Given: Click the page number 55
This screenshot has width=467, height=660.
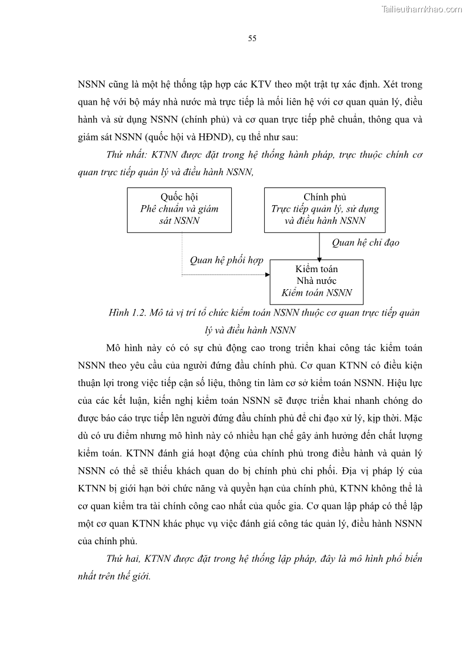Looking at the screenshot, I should click(252, 39).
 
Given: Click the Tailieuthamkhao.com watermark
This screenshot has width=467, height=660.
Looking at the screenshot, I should click(422, 9).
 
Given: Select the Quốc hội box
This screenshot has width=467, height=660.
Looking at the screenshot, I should click(179, 209).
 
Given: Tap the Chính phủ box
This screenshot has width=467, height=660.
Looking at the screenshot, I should click(325, 209).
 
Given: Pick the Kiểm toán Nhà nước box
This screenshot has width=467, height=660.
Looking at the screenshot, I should click(316, 281).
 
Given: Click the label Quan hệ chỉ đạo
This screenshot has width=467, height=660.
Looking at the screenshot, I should click(365, 242).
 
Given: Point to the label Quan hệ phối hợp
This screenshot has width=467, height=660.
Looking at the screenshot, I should click(226, 260).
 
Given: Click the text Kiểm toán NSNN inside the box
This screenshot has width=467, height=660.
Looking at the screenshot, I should click(316, 293).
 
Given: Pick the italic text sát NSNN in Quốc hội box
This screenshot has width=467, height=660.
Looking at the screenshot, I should click(179, 221).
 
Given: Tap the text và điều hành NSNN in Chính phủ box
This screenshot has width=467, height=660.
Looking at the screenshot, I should click(325, 221).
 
